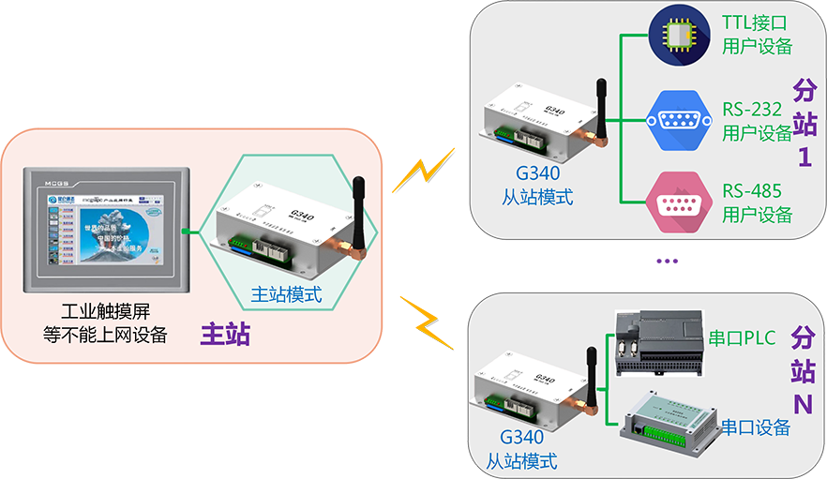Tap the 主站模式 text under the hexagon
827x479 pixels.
click(286, 293)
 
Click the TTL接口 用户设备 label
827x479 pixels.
click(757, 34)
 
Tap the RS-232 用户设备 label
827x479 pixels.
click(757, 120)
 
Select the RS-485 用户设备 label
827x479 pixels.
click(757, 202)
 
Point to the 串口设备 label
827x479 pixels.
click(755, 427)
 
